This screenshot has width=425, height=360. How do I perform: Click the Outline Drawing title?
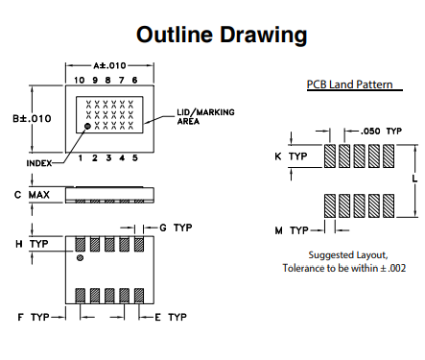pyautogui.click(x=222, y=35)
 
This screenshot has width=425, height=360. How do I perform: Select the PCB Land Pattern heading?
pyautogui.click(x=349, y=84)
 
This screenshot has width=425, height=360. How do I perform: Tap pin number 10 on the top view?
pyautogui.click(x=79, y=80)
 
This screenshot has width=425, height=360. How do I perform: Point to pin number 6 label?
pyautogui.click(x=134, y=80)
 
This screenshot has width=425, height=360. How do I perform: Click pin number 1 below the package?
pyautogui.click(x=81, y=158)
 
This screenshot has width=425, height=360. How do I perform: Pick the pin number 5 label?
pyautogui.click(x=135, y=158)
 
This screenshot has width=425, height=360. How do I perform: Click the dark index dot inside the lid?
pyautogui.click(x=87, y=126)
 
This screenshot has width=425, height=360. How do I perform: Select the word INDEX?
pyautogui.click(x=39, y=163)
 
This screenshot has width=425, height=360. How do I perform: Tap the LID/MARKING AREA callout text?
pyautogui.click(x=205, y=117)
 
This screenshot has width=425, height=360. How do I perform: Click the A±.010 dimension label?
pyautogui.click(x=109, y=65)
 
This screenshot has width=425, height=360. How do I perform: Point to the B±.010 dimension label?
pyautogui.click(x=32, y=119)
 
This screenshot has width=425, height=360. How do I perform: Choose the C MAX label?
pyautogui.click(x=32, y=195)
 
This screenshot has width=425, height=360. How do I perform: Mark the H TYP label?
pyautogui.click(x=32, y=244)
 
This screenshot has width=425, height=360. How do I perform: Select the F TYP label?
pyautogui.click(x=34, y=318)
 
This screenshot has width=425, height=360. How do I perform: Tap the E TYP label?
pyautogui.click(x=171, y=318)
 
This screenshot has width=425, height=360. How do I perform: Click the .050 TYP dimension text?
pyautogui.click(x=381, y=132)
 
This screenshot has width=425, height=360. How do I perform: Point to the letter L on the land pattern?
pyautogui.click(x=414, y=179)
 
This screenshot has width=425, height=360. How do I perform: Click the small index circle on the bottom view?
pyautogui.click(x=80, y=257)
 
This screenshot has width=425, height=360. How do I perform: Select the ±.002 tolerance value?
pyautogui.click(x=393, y=268)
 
